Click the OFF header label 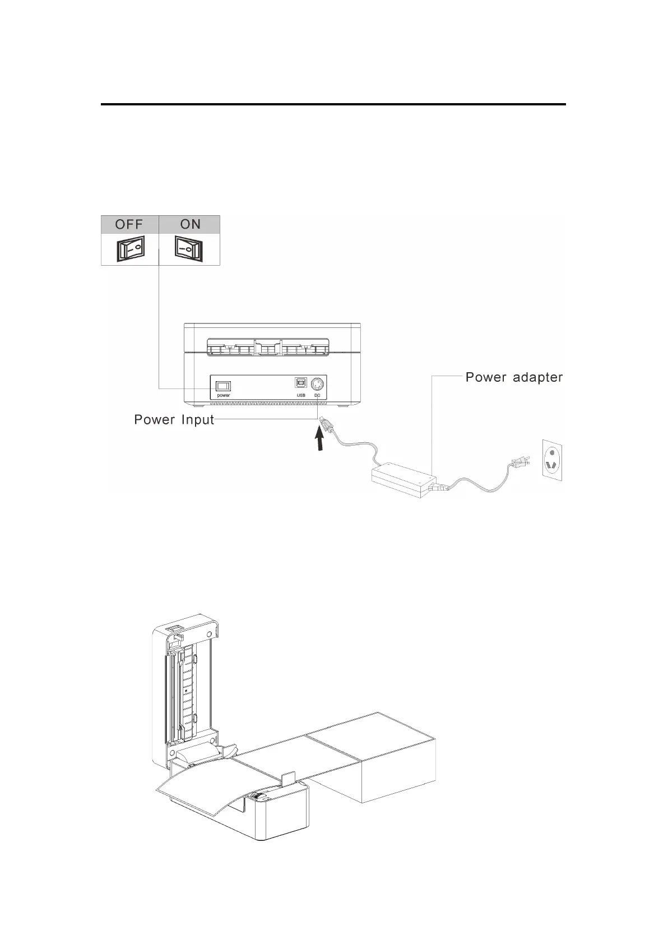129,224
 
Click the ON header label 190,224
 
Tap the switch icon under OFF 130,248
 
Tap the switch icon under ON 189,248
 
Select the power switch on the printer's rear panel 224,385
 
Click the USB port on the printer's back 301,384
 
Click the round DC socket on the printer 318,385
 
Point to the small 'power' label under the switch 224,395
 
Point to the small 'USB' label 301,395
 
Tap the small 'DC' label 318,395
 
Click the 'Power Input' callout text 174,420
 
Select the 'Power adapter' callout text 514,377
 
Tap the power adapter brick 403,479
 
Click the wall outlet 553,458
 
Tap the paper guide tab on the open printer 287,779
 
